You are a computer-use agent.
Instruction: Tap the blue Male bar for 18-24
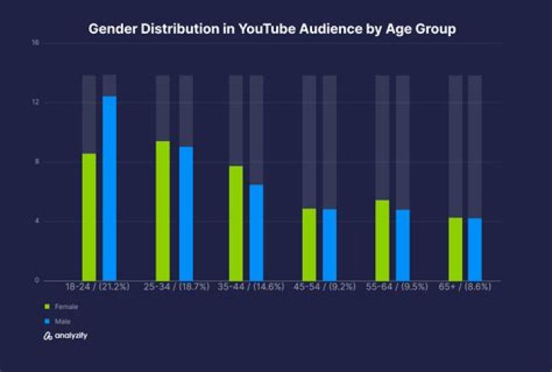[110, 188]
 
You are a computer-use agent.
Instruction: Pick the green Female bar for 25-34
[163, 211]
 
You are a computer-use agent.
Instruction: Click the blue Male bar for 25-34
[186, 213]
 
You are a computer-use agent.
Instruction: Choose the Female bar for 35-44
[235, 223]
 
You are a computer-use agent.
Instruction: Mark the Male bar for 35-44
[256, 232]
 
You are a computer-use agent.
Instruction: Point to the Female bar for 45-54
[308, 244]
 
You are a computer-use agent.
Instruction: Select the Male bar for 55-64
[402, 245]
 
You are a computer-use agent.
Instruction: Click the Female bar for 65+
[455, 249]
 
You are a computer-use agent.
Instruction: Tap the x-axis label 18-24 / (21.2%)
[97, 286]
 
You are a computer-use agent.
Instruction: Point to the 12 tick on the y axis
[35, 103]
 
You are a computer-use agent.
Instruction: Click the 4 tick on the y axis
[35, 222]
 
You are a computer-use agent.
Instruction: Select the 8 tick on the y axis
[35, 162]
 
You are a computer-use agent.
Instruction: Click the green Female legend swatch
[47, 306]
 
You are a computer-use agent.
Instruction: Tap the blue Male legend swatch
[47, 321]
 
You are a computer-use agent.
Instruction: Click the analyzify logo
[65, 336]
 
